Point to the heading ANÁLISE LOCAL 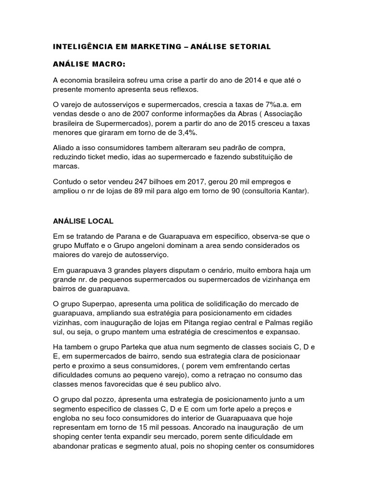coord(83,221)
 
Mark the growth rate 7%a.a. coord(272,104)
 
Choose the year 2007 coord(137,114)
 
